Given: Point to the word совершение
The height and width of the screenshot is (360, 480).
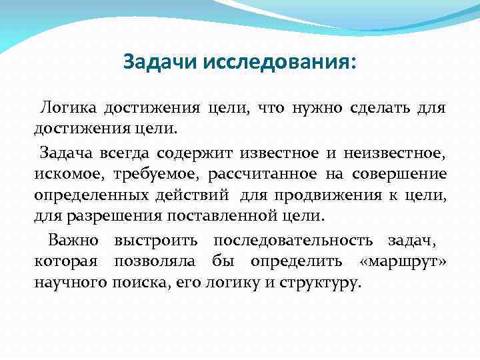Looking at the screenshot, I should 399,175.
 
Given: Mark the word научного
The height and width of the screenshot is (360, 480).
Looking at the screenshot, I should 70,283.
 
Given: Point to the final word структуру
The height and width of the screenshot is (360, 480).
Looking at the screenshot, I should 325,283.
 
